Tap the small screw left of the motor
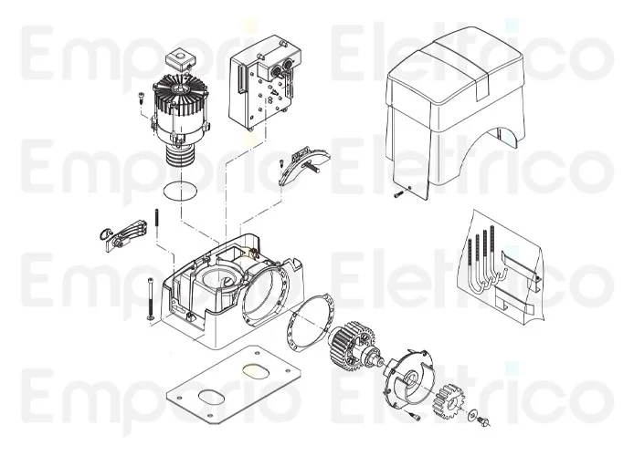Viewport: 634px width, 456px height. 142,99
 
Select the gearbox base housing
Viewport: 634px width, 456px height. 228,292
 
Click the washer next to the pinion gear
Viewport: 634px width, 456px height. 472,417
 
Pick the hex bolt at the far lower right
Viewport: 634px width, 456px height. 486,421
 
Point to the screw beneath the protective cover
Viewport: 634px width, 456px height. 398,193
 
